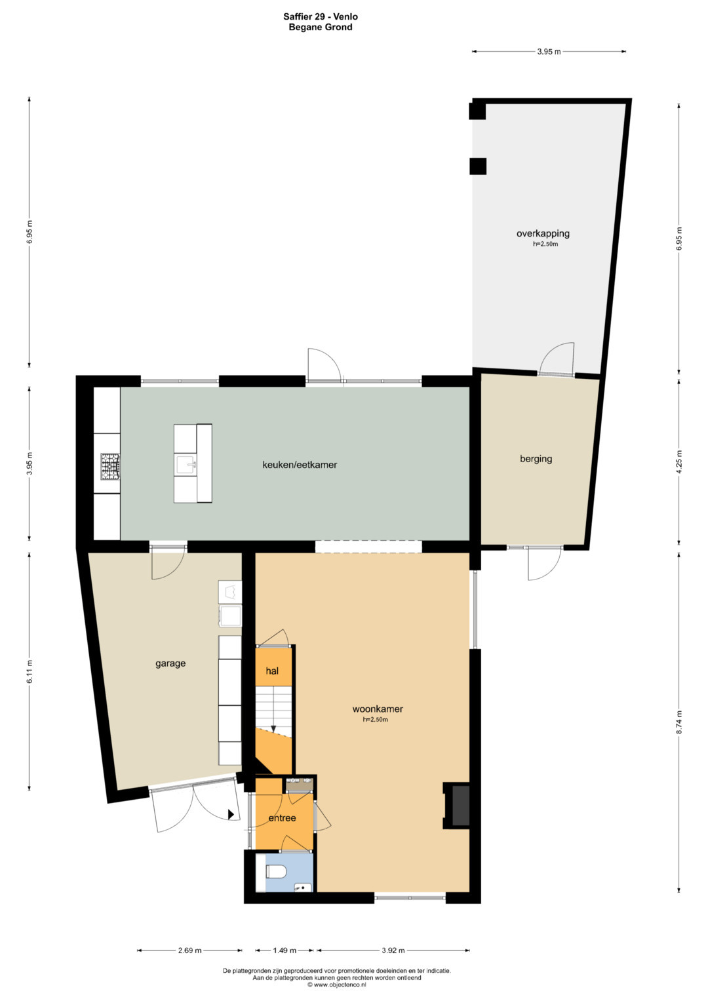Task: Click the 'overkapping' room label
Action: click(x=543, y=233)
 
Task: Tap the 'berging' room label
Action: click(x=536, y=458)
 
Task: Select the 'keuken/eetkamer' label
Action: click(x=300, y=465)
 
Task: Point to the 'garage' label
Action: click(x=170, y=663)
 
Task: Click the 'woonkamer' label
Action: click(x=378, y=709)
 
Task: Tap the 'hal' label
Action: click(x=272, y=671)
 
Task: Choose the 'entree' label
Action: click(x=282, y=818)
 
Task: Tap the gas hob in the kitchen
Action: click(x=110, y=467)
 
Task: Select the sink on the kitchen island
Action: click(x=186, y=464)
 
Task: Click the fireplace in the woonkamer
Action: click(x=456, y=806)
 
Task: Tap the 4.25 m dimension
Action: click(x=679, y=462)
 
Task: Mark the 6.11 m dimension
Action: click(x=29, y=672)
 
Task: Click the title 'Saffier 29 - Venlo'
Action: click(x=321, y=17)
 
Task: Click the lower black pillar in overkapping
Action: click(x=477, y=167)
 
